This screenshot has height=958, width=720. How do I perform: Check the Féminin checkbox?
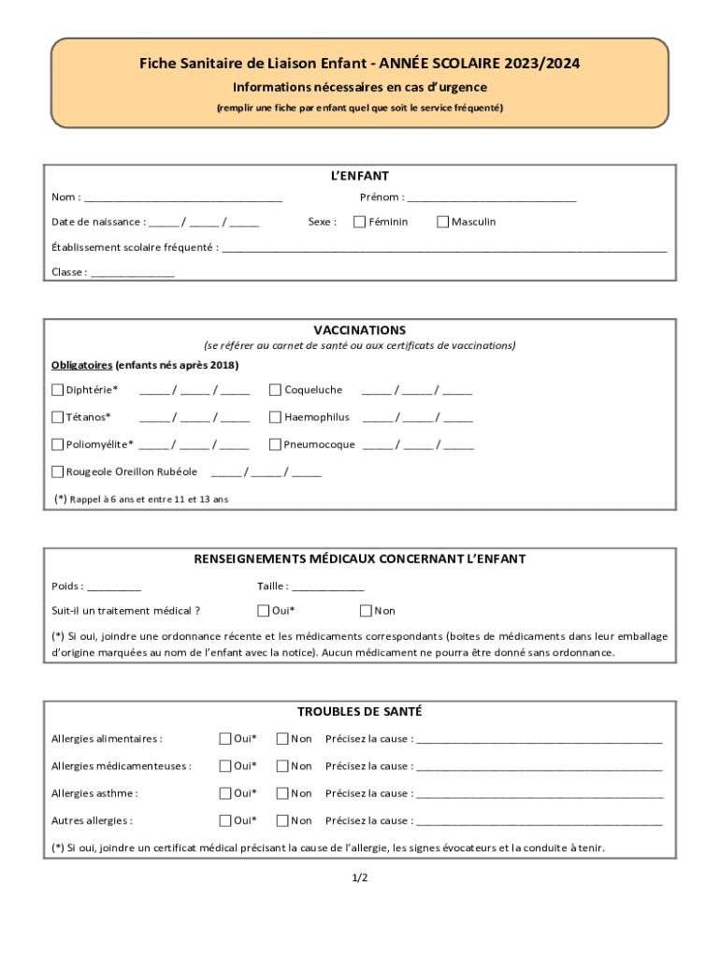pos(359,222)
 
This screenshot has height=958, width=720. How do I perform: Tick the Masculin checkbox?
pos(443,222)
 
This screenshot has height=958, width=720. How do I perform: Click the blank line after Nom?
pos(183,198)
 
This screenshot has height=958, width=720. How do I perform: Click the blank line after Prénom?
pos(492,198)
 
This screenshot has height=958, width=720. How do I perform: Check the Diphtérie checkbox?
pos(58,390)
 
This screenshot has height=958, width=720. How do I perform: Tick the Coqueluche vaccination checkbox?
pos(276,390)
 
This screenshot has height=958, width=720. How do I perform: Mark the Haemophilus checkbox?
pos(276,417)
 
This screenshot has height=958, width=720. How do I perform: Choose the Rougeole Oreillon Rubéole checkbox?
pos(58,472)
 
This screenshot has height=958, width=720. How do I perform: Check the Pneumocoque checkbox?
pos(276,444)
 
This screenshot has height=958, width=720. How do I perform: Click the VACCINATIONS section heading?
pos(360,330)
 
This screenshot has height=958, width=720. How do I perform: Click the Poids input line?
pos(114,588)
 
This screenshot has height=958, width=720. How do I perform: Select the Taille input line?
pos(328,588)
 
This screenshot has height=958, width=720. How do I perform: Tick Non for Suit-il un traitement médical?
pos(367,611)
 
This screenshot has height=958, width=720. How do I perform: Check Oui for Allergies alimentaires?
pos(225,739)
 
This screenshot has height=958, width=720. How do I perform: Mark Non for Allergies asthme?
pos(282,793)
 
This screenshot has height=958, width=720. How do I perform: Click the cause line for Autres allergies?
pos(539,821)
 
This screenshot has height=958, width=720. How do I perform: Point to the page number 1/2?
pos(360,878)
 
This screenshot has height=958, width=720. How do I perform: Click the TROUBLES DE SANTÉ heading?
pos(360,712)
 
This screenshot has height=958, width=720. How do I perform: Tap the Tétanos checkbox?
pos(58,417)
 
